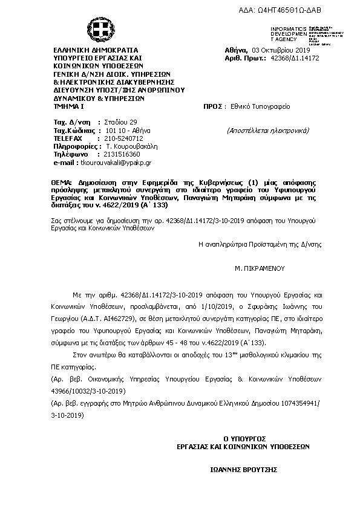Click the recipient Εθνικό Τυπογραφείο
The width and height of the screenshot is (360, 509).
pyautogui.click(x=256, y=106)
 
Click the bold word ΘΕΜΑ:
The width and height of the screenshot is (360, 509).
pyautogui.click(x=62, y=182)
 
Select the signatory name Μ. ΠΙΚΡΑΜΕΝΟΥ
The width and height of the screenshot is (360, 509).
pyautogui.click(x=260, y=267)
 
